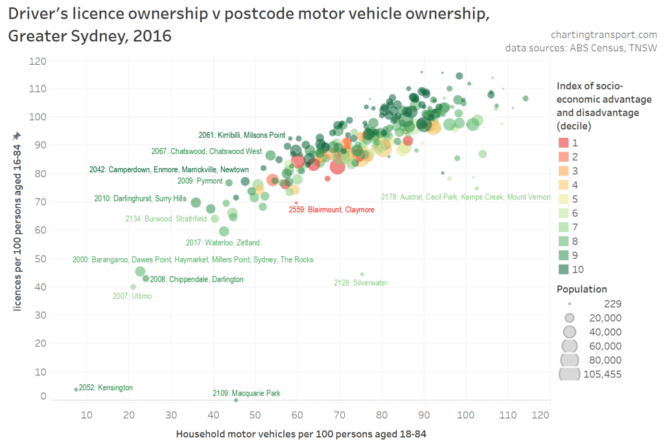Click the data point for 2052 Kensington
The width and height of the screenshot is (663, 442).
(x=76, y=389)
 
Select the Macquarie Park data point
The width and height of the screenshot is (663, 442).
(x=236, y=400)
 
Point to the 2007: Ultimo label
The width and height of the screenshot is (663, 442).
(x=132, y=296)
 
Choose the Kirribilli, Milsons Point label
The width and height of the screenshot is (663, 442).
(x=242, y=135)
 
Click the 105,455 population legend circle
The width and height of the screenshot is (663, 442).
(x=569, y=373)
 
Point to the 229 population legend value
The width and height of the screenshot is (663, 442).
(x=613, y=304)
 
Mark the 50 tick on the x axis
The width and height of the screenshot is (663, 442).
(x=255, y=414)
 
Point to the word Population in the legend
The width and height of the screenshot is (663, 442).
(x=582, y=289)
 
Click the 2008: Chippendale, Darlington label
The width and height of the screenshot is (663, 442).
(x=196, y=280)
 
